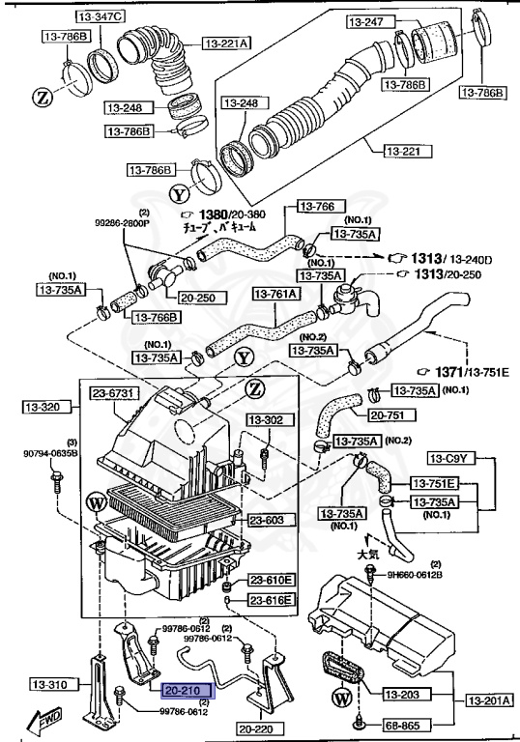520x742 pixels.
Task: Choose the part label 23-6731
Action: click(116, 393)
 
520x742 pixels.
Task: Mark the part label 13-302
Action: click(267, 420)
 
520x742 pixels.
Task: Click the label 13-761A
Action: click(277, 292)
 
